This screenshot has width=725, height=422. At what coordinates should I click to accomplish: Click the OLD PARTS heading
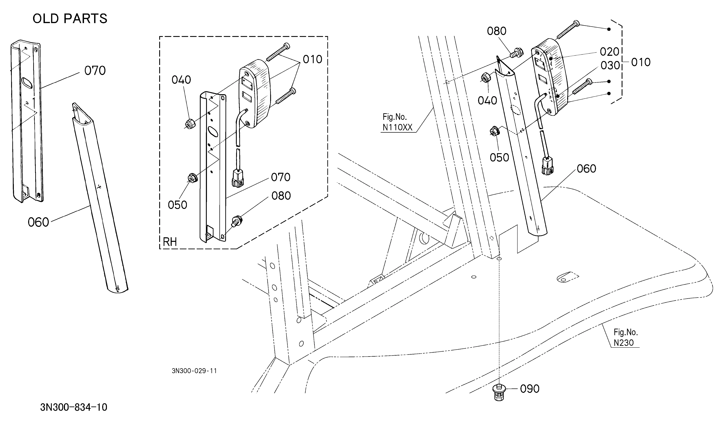coord(70,19)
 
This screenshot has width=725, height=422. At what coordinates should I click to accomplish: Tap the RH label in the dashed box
coord(170,242)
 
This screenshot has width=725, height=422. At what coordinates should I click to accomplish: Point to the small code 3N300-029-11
coord(194,371)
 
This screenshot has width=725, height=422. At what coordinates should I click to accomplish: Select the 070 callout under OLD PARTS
coord(95,70)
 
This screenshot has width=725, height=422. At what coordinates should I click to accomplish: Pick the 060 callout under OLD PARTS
coord(38,222)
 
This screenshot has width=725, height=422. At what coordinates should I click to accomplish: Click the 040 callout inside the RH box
coord(181,80)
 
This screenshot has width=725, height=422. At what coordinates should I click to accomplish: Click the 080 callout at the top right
coord(496,31)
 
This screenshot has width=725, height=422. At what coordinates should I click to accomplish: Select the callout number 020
coord(609,52)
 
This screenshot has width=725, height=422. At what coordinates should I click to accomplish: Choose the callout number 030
coord(610,66)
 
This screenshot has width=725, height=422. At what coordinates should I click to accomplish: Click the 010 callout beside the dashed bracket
coord(641,62)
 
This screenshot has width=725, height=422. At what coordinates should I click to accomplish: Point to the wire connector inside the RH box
coord(238,178)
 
